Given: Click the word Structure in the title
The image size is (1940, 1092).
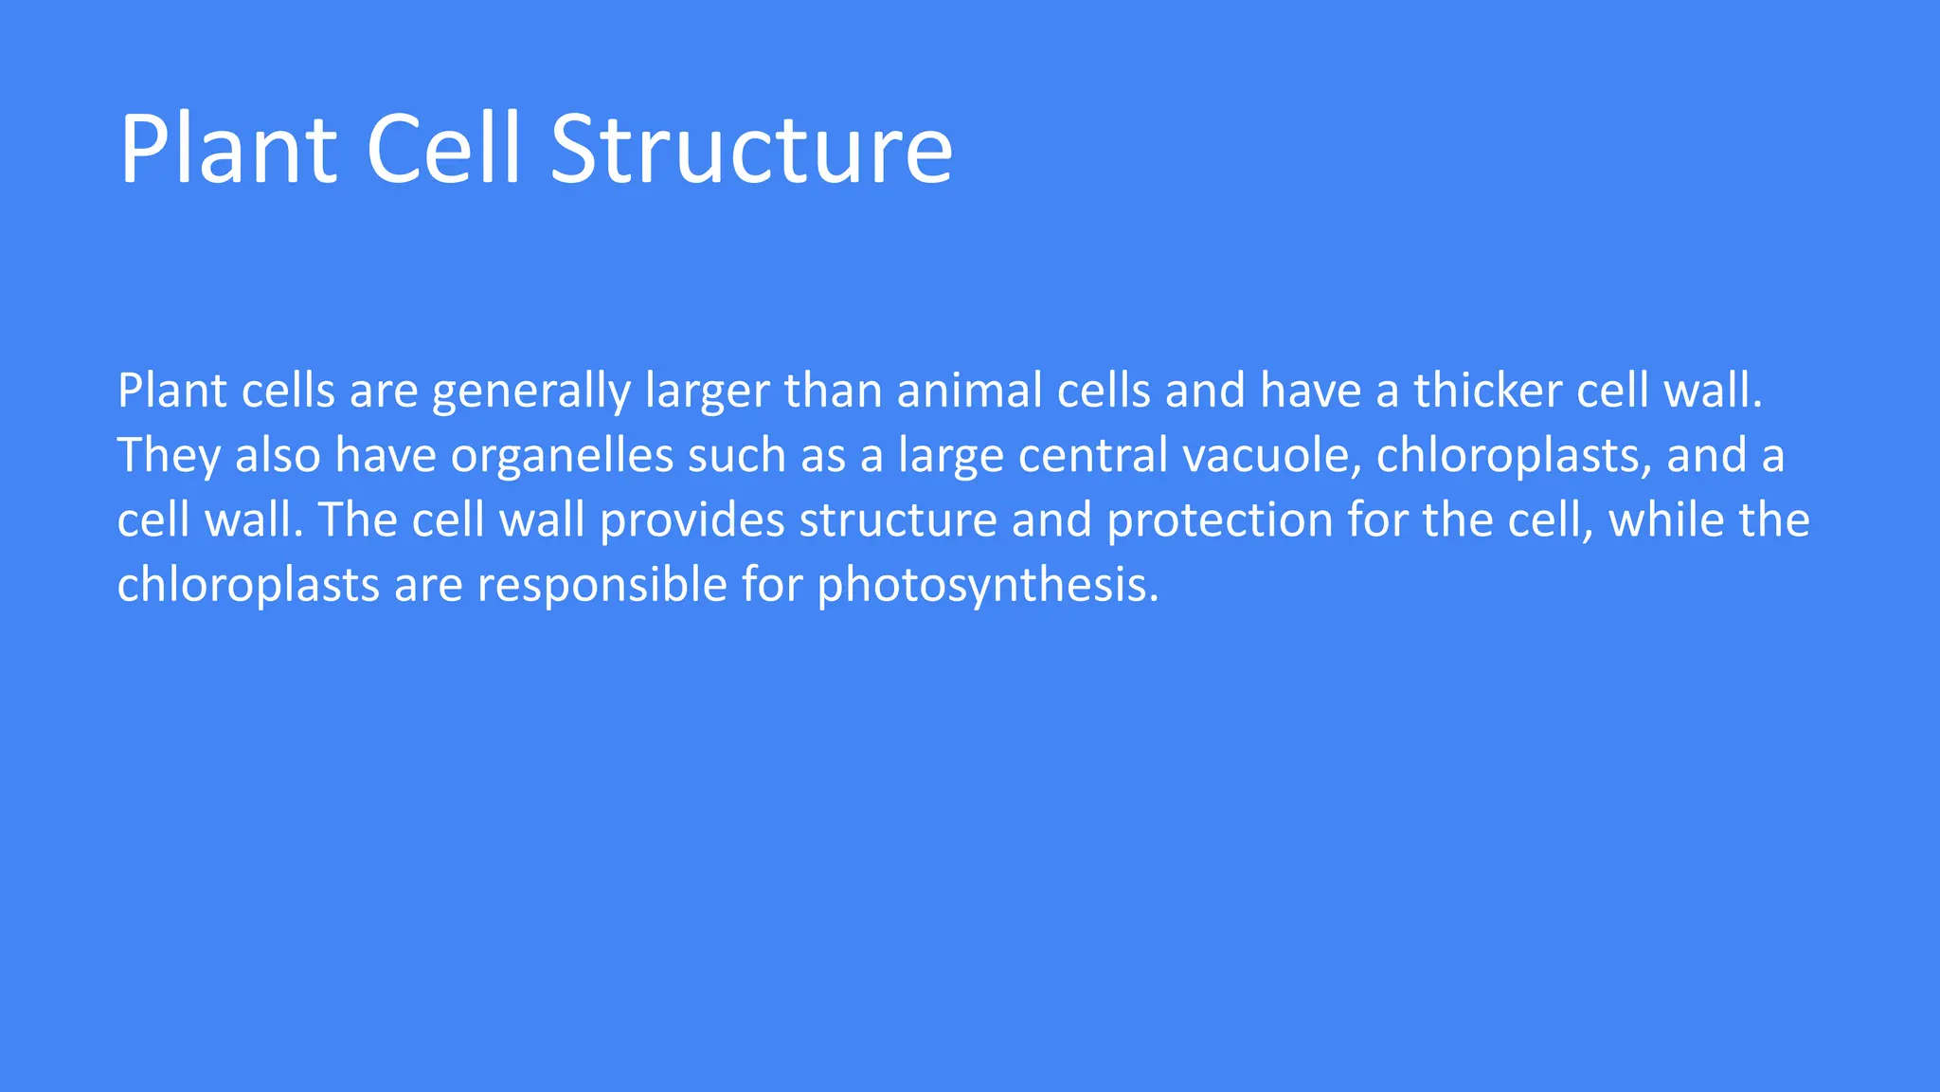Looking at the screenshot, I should click(x=750, y=150).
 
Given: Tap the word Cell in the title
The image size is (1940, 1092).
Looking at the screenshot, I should click(x=443, y=150).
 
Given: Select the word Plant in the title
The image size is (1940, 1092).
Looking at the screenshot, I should click(x=227, y=150).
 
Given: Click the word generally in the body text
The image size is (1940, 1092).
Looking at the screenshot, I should click(x=531, y=391).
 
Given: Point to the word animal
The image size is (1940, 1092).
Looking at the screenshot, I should click(x=969, y=391).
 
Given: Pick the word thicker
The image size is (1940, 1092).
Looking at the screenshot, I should click(x=1487, y=391).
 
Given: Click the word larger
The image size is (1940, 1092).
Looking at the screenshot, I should click(x=707, y=391).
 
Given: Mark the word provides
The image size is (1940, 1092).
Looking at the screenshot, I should click(x=692, y=520).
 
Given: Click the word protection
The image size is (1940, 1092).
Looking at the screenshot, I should click(x=1220, y=520).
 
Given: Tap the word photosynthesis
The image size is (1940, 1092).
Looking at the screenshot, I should click(x=988, y=585).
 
